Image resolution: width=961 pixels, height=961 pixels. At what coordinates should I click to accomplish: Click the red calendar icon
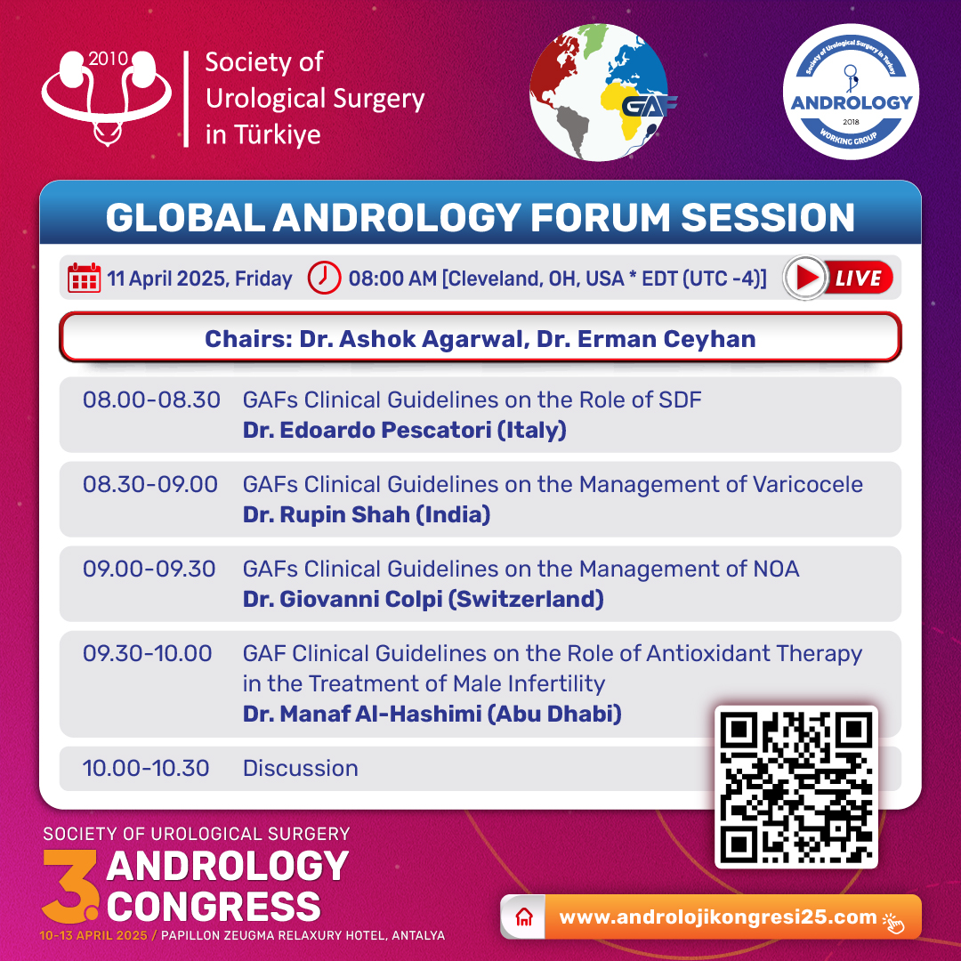(x=84, y=278)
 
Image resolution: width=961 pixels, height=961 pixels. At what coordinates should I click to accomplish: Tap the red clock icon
(x=324, y=278)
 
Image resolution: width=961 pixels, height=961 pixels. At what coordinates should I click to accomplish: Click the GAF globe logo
(x=601, y=93)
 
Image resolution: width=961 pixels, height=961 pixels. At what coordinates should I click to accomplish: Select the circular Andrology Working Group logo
(x=851, y=92)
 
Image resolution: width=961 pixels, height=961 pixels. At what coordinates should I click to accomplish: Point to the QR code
(x=796, y=787)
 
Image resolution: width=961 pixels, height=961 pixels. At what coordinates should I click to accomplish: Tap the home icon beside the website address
(x=524, y=917)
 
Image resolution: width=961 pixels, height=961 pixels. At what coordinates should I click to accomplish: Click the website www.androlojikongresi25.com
(x=718, y=917)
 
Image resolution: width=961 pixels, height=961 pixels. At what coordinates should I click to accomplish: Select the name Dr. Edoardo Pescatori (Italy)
(x=405, y=431)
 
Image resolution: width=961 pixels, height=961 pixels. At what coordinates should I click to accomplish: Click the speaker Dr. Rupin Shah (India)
(x=367, y=515)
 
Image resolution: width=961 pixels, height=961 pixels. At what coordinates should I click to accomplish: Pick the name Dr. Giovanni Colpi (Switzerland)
(x=424, y=600)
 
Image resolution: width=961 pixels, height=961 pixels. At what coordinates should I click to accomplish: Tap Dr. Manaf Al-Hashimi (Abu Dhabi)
(x=432, y=714)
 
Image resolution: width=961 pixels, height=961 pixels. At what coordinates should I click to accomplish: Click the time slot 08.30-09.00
(x=150, y=484)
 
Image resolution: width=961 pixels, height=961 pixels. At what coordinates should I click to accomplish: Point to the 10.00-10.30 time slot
(x=146, y=768)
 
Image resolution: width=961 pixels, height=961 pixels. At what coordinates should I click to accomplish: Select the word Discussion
(x=301, y=768)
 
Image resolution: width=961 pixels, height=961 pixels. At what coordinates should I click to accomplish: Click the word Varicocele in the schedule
(x=808, y=484)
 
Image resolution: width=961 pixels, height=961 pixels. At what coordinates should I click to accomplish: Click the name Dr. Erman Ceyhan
(x=646, y=339)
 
